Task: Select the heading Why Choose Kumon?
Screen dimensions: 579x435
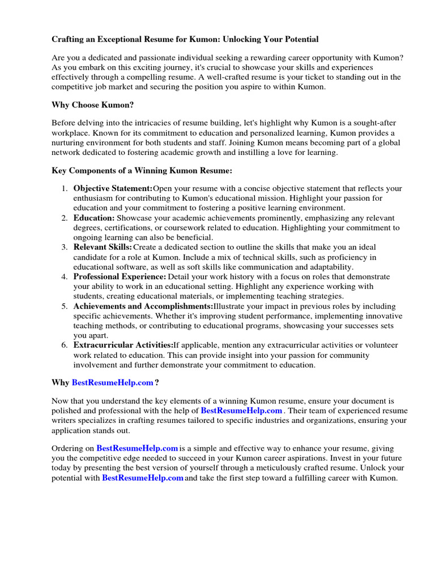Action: click(x=93, y=105)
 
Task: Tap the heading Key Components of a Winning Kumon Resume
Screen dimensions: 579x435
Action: click(x=142, y=170)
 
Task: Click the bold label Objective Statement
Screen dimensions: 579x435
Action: click(x=113, y=188)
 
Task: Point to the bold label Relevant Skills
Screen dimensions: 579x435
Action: click(x=103, y=247)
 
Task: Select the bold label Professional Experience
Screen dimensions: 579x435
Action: click(x=120, y=276)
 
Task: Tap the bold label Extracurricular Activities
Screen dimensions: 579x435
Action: click(x=123, y=345)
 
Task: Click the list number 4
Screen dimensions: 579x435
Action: click(x=65, y=276)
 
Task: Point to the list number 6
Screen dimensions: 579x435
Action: click(x=65, y=345)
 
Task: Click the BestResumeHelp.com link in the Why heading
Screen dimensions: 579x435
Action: click(x=113, y=383)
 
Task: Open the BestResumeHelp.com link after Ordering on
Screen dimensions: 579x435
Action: click(x=138, y=448)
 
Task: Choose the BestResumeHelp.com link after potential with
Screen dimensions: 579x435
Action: click(x=143, y=478)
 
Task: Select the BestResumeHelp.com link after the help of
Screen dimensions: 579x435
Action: click(x=241, y=411)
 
